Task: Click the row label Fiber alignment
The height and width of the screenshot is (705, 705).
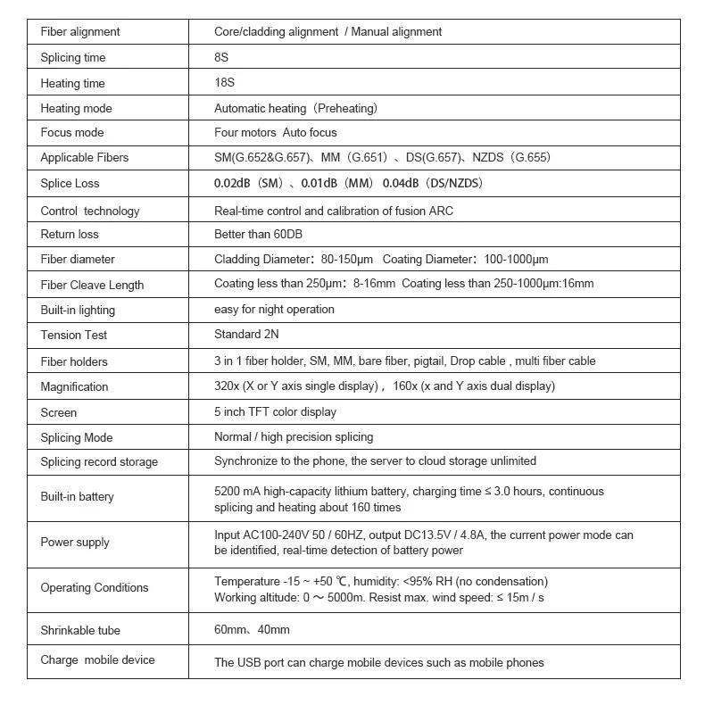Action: pos(80,32)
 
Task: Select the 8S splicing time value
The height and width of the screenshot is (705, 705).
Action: pos(222,57)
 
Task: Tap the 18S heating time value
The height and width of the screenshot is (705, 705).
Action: pos(225,83)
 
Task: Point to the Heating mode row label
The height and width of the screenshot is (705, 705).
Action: pos(77,108)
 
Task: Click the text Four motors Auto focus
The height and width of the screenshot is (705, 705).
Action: pos(276,133)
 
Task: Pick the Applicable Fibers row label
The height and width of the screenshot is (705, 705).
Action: pos(85,158)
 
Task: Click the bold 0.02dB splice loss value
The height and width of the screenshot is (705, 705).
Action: pos(234,183)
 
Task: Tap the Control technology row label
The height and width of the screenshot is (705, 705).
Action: pos(90,211)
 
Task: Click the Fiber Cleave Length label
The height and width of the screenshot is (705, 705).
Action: pos(92,285)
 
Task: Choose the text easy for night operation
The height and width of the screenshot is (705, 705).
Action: pos(274,310)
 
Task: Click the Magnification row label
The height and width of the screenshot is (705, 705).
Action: pos(74,386)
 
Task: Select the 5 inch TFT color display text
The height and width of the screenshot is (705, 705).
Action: pos(276,412)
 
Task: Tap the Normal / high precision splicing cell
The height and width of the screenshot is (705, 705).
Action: pos(294,437)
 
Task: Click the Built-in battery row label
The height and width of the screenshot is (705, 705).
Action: pos(78,497)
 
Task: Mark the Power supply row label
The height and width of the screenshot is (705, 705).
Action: pos(75,543)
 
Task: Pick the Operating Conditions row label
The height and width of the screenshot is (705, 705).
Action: pos(95,588)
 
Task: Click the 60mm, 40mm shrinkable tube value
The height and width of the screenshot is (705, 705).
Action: pos(252,630)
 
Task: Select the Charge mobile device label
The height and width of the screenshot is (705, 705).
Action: pos(97,660)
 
